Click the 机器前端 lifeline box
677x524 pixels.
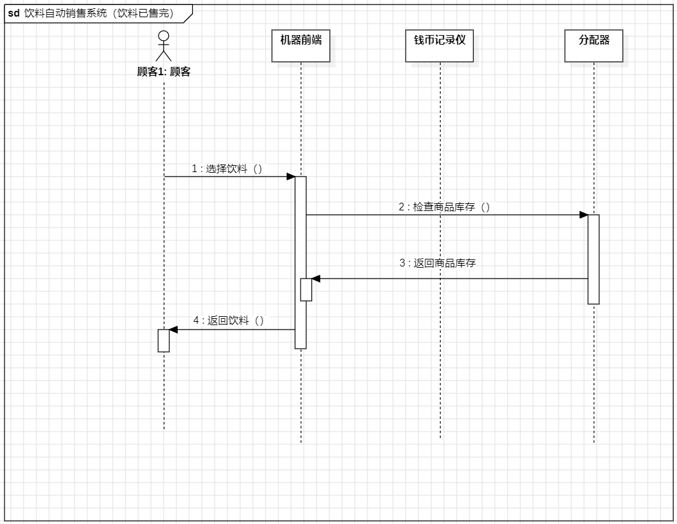pyautogui.click(x=301, y=46)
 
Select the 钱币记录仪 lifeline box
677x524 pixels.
pyautogui.click(x=439, y=46)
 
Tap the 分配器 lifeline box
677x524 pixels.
pyautogui.click(x=594, y=46)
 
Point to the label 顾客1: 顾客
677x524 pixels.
pyautogui.click(x=164, y=72)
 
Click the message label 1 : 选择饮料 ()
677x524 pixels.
pyautogui.click(x=227, y=169)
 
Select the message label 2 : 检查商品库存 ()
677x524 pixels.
pyautogui.click(x=445, y=207)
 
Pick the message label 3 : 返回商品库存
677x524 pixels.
pyautogui.click(x=437, y=263)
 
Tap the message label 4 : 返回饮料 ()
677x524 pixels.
pyautogui.click(x=228, y=321)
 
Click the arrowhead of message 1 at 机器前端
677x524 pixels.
pyautogui.click(x=290, y=177)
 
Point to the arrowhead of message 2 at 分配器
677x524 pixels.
pyautogui.click(x=583, y=215)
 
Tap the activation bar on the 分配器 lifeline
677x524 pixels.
pyautogui.click(x=594, y=259)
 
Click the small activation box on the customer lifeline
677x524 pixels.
pyautogui.click(x=164, y=340)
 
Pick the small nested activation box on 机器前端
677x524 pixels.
pyautogui.click(x=306, y=289)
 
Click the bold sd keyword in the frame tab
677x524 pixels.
pyautogui.click(x=13, y=13)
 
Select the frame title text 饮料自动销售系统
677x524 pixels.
pyautogui.click(x=65, y=13)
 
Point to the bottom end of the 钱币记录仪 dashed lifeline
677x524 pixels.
pyautogui.click(x=439, y=437)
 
